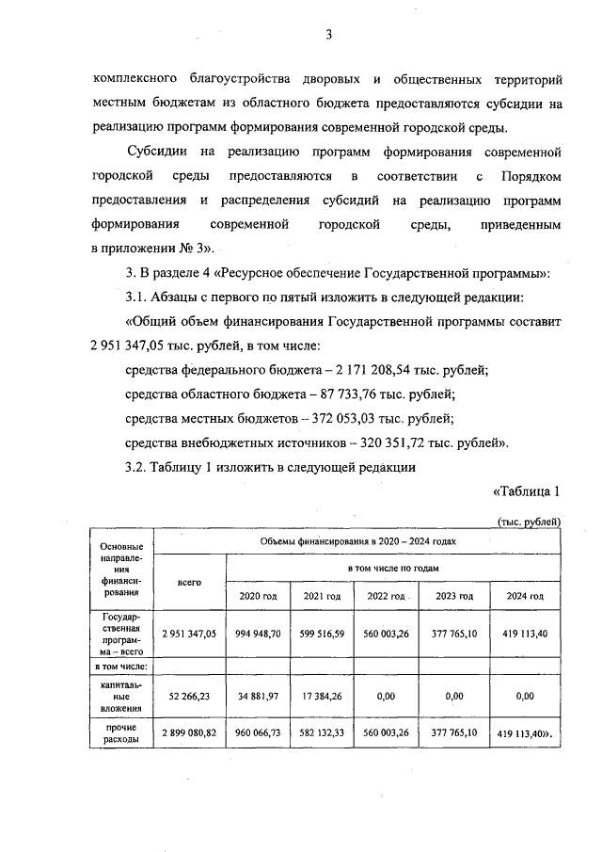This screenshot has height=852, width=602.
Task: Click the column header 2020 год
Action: pyautogui.click(x=258, y=597)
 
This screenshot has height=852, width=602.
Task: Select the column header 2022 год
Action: pyautogui.click(x=386, y=597)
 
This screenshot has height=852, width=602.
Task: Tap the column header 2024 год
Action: pyautogui.click(x=525, y=597)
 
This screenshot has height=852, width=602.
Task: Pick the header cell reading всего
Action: pyautogui.click(x=189, y=583)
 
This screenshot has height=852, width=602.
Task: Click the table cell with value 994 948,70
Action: pyautogui.click(x=258, y=635)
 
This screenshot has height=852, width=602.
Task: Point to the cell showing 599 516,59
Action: pyautogui.click(x=322, y=635)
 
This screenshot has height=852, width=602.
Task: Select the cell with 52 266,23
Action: pyautogui.click(x=189, y=697)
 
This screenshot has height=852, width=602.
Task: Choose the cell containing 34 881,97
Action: pyautogui.click(x=258, y=697)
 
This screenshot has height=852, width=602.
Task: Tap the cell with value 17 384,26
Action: pyautogui.click(x=322, y=697)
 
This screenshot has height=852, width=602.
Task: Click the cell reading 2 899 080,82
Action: pyautogui.click(x=189, y=731)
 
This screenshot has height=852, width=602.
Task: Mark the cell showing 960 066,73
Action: pyautogui.click(x=258, y=731)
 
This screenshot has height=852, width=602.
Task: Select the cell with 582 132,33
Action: pyautogui.click(x=322, y=731)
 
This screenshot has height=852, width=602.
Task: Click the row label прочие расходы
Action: pyautogui.click(x=121, y=731)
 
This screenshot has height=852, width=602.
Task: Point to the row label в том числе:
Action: pyautogui.click(x=121, y=666)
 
